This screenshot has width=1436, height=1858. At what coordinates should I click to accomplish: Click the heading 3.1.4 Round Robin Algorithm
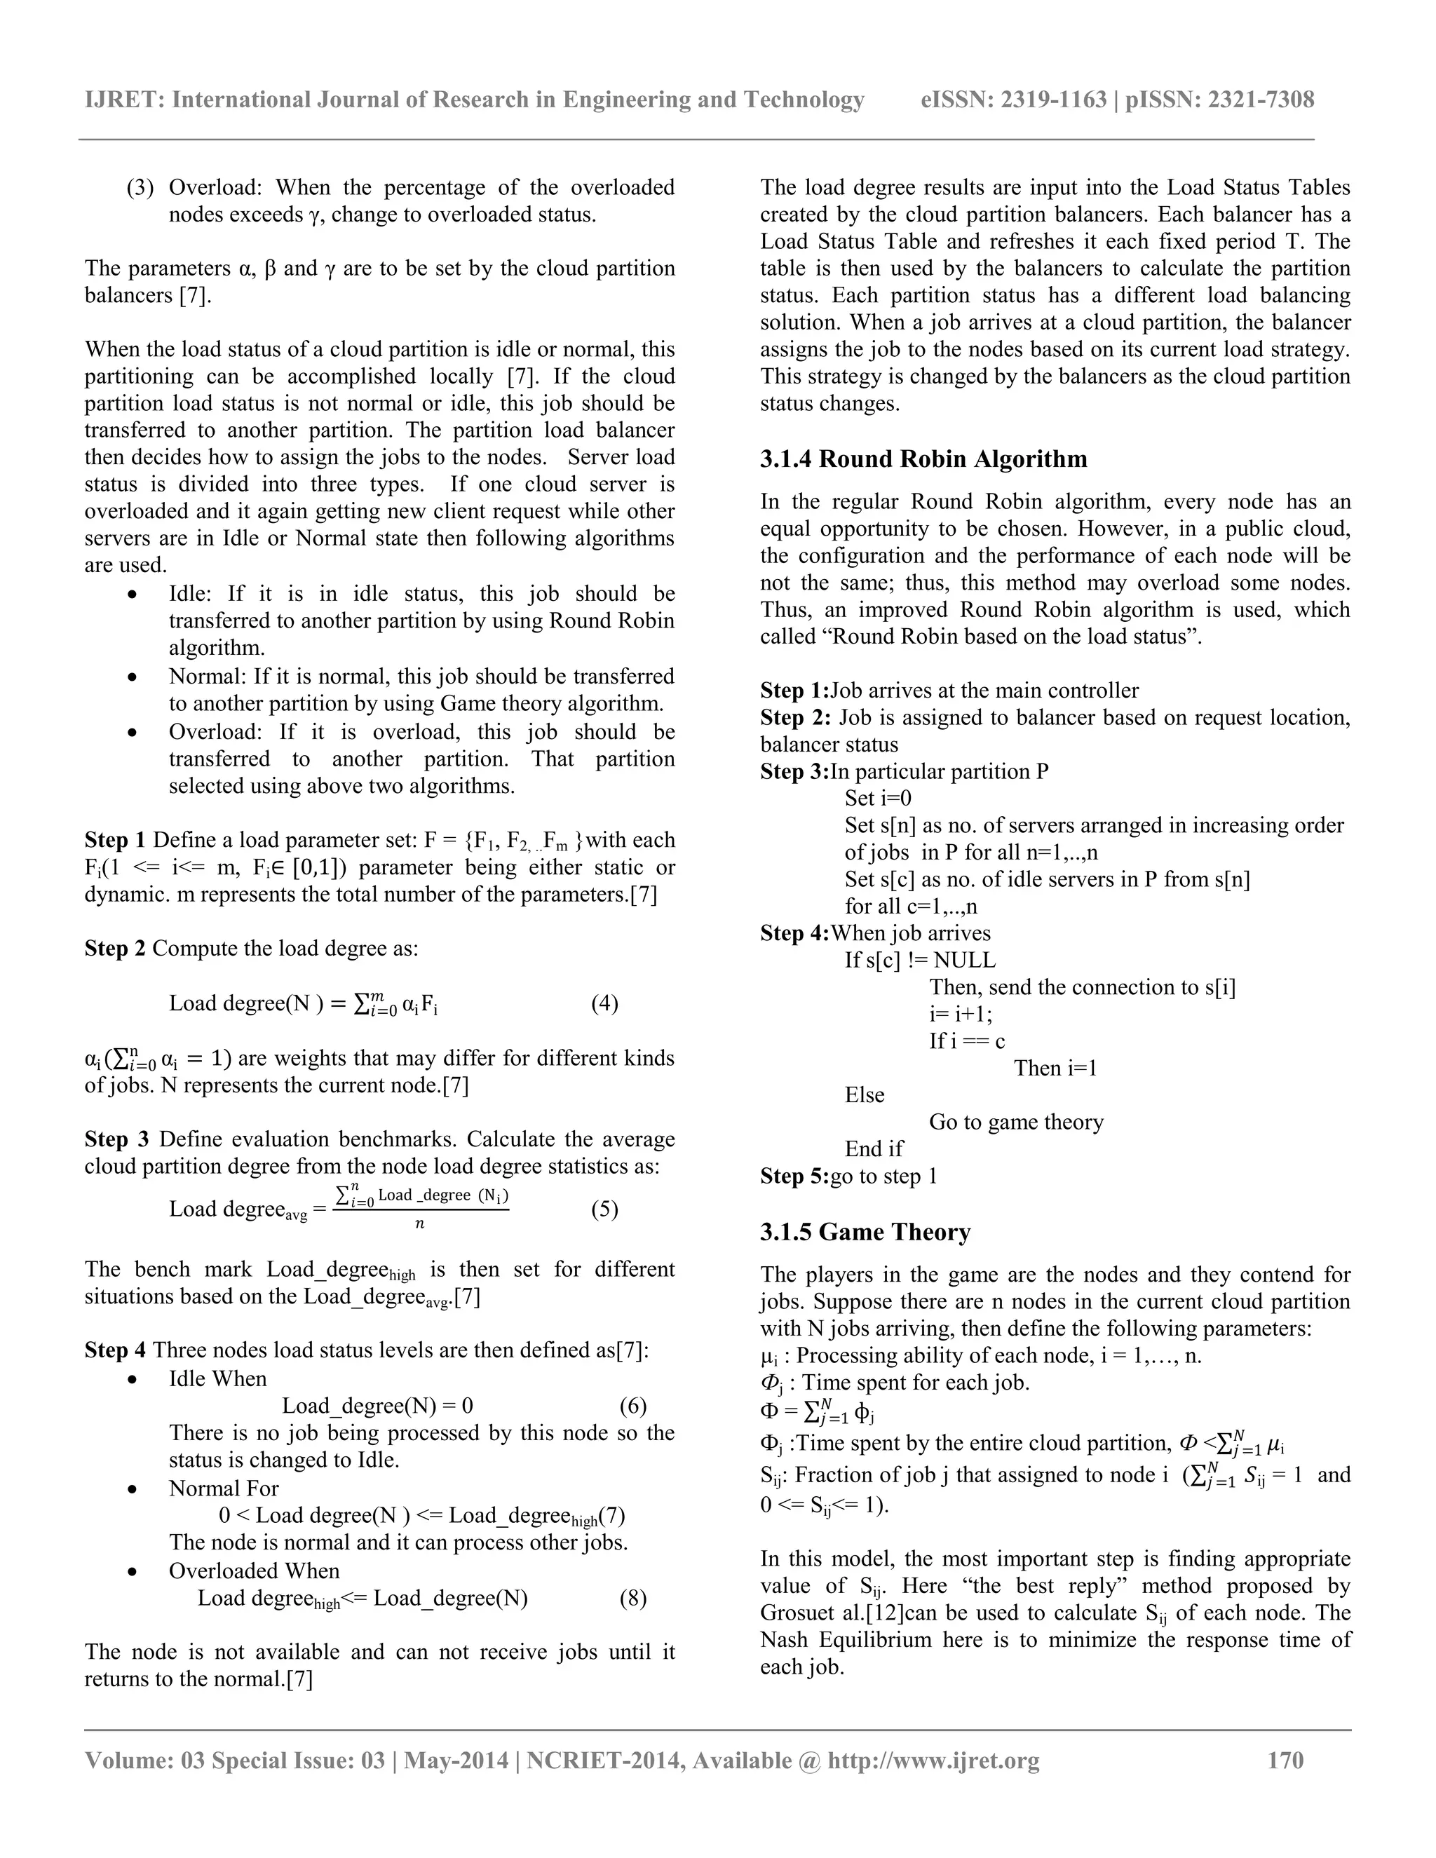(923, 459)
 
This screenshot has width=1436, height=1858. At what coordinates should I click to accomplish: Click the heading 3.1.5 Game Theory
(865, 1232)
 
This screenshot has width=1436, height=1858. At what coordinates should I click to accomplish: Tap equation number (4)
(604, 1003)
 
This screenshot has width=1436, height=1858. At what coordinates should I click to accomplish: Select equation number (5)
(604, 1209)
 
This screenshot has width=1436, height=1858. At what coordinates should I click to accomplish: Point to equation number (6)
(633, 1405)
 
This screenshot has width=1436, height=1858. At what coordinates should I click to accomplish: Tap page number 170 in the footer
(1285, 1760)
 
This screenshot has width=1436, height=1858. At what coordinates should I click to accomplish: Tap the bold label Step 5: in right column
(794, 1176)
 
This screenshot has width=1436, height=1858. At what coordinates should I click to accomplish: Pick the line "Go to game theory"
(1016, 1122)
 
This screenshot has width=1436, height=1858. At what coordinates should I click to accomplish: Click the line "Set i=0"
(878, 798)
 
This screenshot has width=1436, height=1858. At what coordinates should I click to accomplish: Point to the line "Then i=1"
(1055, 1069)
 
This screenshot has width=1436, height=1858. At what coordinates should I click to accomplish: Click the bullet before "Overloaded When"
(132, 1572)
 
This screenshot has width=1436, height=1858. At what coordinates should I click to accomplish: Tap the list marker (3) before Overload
(140, 188)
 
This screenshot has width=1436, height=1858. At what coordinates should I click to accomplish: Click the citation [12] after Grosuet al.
(854, 1613)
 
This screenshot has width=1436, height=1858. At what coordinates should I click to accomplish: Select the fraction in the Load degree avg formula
(420, 1209)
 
